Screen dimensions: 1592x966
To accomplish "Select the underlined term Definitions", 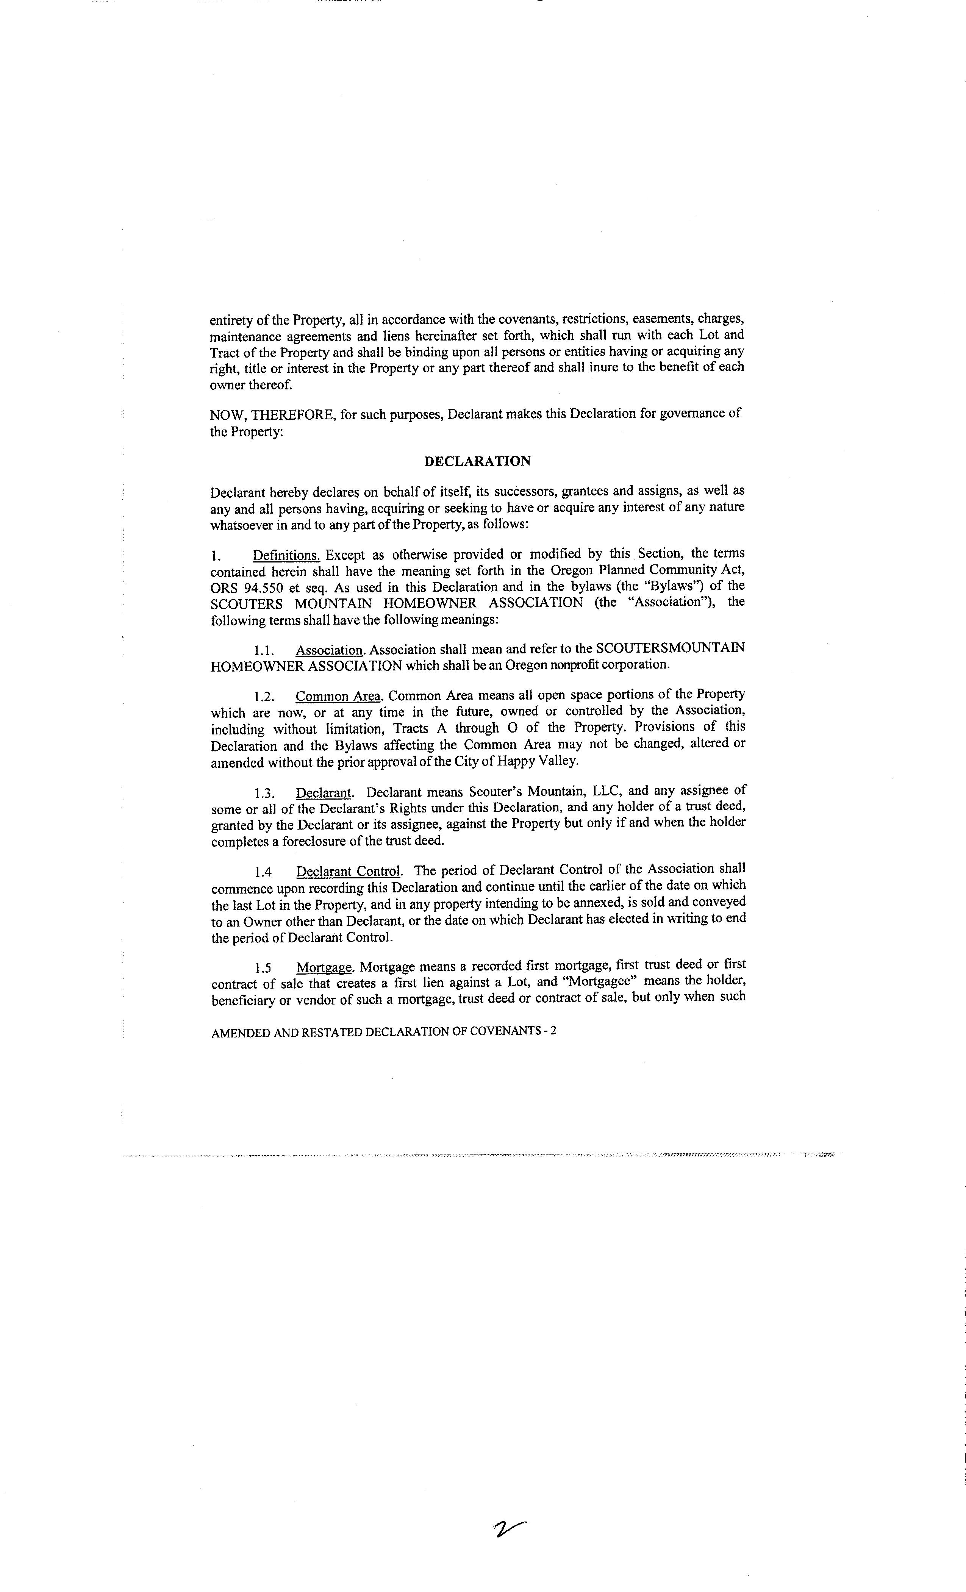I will point(286,555).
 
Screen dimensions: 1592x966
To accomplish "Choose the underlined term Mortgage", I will point(324,967).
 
